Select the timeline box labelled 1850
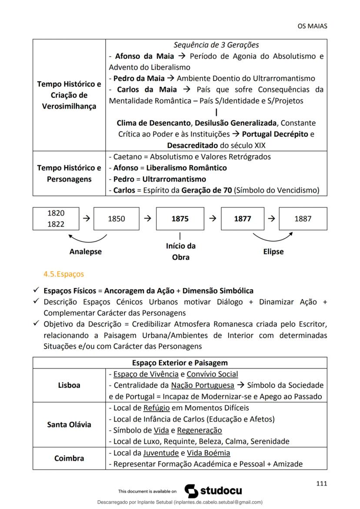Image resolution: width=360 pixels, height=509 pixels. tap(116, 219)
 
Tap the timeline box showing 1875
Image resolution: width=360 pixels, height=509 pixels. tap(180, 219)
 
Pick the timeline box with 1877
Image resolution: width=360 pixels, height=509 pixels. tap(243, 219)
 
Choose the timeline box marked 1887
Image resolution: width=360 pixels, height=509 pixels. tap(303, 219)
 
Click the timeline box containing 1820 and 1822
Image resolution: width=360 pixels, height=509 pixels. tap(56, 219)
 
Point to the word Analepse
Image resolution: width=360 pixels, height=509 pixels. tap(86, 251)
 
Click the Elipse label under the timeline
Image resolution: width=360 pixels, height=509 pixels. tap(273, 251)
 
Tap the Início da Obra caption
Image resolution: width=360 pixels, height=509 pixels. tap(180, 251)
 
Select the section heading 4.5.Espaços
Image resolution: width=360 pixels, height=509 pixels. tap(63, 274)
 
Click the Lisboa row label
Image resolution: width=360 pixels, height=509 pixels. tap(69, 385)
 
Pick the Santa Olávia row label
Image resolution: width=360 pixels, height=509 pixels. tap(69, 424)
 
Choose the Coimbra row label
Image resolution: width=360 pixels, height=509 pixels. tap(69, 458)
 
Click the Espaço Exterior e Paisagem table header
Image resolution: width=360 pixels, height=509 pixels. tap(180, 363)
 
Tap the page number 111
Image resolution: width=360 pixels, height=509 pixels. tap(321, 483)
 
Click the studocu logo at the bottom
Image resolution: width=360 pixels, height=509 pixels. tap(213, 491)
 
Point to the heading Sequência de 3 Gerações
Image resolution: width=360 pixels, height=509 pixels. tap(216, 45)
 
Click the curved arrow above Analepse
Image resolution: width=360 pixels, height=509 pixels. tap(87, 238)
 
